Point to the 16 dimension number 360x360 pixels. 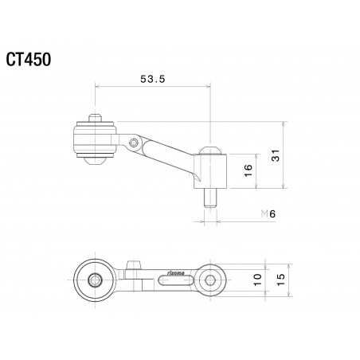247,169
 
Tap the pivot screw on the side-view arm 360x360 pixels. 132,143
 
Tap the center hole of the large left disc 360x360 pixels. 96,280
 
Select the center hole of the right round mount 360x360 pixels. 210,279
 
